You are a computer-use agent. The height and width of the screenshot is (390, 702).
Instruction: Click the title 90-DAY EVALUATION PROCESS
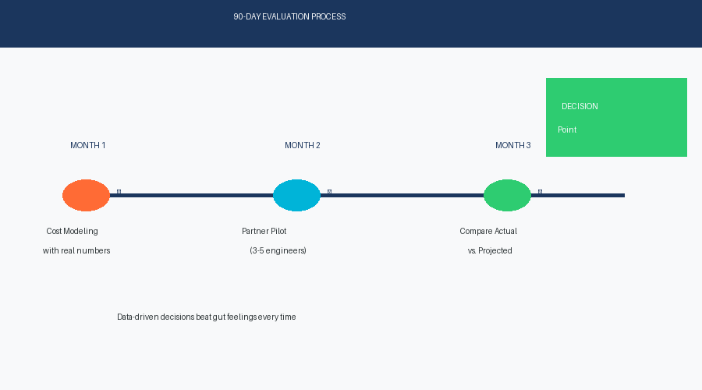(289, 17)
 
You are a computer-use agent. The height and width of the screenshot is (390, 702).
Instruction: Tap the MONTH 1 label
(88, 146)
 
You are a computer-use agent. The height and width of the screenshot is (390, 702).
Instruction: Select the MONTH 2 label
(303, 146)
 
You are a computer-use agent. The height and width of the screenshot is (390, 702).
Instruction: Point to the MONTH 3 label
(513, 146)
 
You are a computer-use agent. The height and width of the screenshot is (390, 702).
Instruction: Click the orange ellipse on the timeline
(86, 196)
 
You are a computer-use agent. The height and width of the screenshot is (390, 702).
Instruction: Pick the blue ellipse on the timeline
(296, 196)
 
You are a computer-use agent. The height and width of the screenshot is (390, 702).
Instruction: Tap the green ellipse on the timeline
(507, 196)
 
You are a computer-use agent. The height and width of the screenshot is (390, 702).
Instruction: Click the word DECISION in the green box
(580, 107)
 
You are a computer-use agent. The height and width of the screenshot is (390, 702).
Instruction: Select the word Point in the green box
(567, 130)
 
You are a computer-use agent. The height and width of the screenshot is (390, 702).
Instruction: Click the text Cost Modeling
(73, 232)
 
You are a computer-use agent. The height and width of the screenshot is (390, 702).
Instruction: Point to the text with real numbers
(76, 251)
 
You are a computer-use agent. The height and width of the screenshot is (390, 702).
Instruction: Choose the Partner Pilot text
(264, 232)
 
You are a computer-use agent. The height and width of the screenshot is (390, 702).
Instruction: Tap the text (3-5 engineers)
(278, 251)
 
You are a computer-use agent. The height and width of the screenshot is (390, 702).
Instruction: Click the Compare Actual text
(488, 232)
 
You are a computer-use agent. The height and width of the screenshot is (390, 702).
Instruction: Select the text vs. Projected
(490, 251)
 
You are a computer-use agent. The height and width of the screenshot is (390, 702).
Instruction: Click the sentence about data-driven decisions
(207, 317)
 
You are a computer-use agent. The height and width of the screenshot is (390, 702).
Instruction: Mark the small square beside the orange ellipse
(119, 191)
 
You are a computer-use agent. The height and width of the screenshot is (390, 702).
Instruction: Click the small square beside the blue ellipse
(329, 191)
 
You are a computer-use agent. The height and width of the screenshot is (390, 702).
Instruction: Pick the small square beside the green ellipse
(540, 191)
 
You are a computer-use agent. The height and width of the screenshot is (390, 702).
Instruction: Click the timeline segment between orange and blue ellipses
(195, 196)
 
